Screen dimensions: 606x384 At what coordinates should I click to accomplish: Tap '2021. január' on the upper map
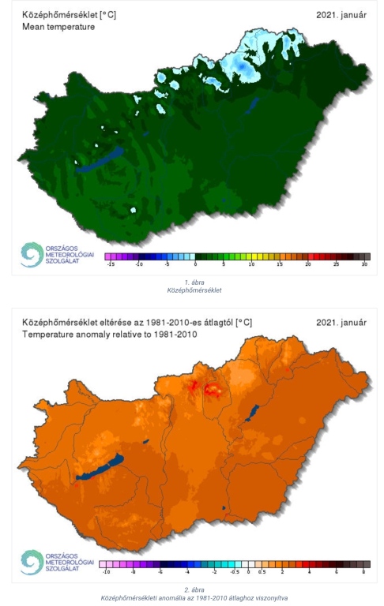(341, 14)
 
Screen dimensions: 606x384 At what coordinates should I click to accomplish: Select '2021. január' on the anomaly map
(341, 323)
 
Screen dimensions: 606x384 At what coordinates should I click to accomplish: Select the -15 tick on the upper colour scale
(111, 266)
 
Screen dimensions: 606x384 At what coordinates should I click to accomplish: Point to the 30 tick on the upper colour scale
(364, 266)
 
